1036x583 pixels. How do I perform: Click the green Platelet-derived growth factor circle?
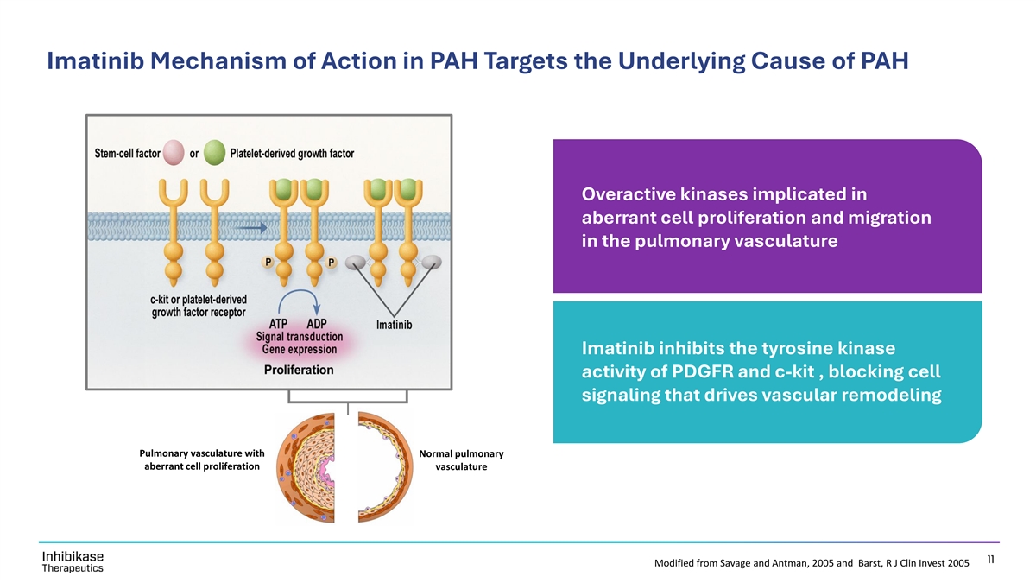215,153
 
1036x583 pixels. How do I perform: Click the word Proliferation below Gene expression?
299,370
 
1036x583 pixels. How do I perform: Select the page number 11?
991,560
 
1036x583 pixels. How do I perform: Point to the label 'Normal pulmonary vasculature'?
461,460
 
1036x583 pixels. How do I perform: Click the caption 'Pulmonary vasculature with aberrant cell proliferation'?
201,459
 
